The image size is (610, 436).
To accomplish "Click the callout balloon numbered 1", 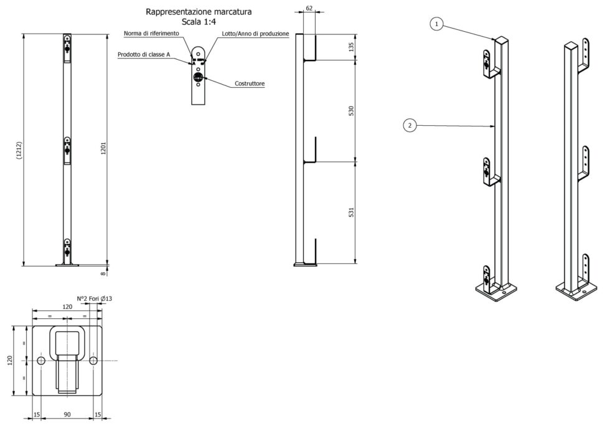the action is click(436, 24).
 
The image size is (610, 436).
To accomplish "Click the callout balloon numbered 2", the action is click(410, 125).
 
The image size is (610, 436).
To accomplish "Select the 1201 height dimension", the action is click(103, 148).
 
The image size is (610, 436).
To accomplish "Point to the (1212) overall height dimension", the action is click(19, 150).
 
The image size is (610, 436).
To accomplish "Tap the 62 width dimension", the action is click(309, 8).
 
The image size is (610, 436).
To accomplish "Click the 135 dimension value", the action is click(351, 47).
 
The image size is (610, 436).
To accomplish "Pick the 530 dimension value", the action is click(351, 111).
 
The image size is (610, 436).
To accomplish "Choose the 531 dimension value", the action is click(351, 212).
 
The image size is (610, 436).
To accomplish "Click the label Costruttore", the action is click(250, 83).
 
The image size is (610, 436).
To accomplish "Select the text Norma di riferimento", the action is click(151, 34).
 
